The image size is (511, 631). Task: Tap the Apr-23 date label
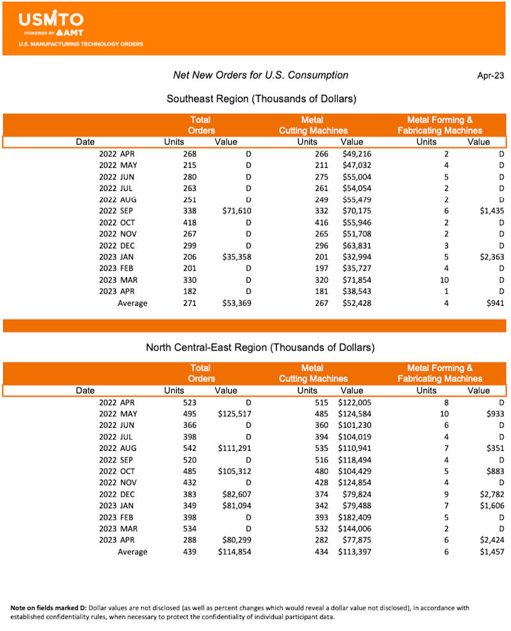tap(491, 75)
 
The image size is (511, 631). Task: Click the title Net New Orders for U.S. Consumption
tap(261, 75)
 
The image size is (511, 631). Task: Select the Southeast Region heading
tap(261, 99)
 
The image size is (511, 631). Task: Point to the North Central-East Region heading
tap(260, 347)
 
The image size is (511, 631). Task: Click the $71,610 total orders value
tap(236, 211)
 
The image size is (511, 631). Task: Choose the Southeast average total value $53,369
tap(236, 303)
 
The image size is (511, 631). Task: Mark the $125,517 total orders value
tap(234, 414)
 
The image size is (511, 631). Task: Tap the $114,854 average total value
tap(234, 551)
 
